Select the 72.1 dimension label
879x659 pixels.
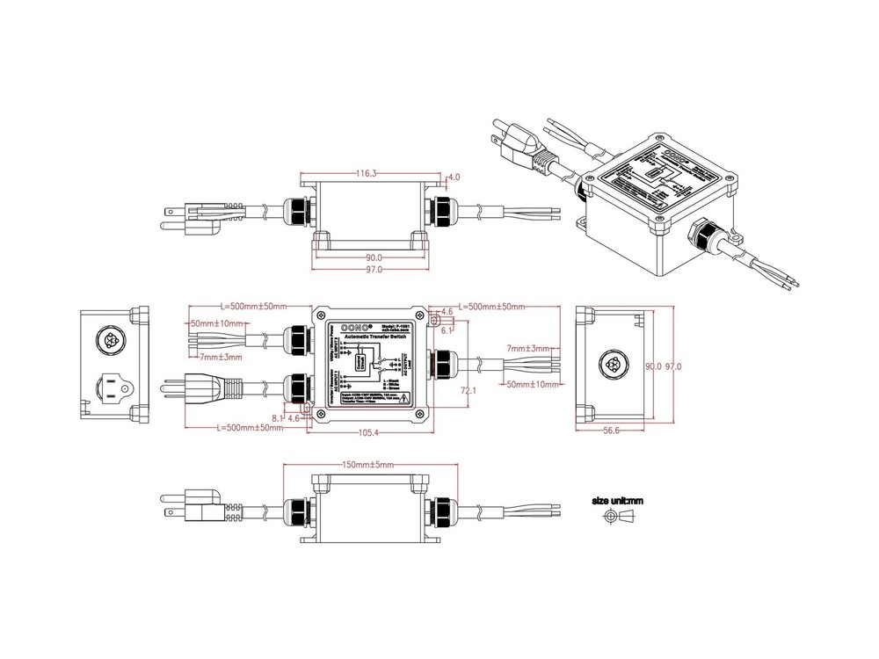click(x=468, y=389)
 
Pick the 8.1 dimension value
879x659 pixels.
click(x=278, y=419)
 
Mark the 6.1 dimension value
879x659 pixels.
click(x=447, y=330)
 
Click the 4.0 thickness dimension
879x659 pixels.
click(x=454, y=177)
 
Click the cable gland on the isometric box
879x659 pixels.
click(x=706, y=233)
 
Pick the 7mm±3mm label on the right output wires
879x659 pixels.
click(x=528, y=349)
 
